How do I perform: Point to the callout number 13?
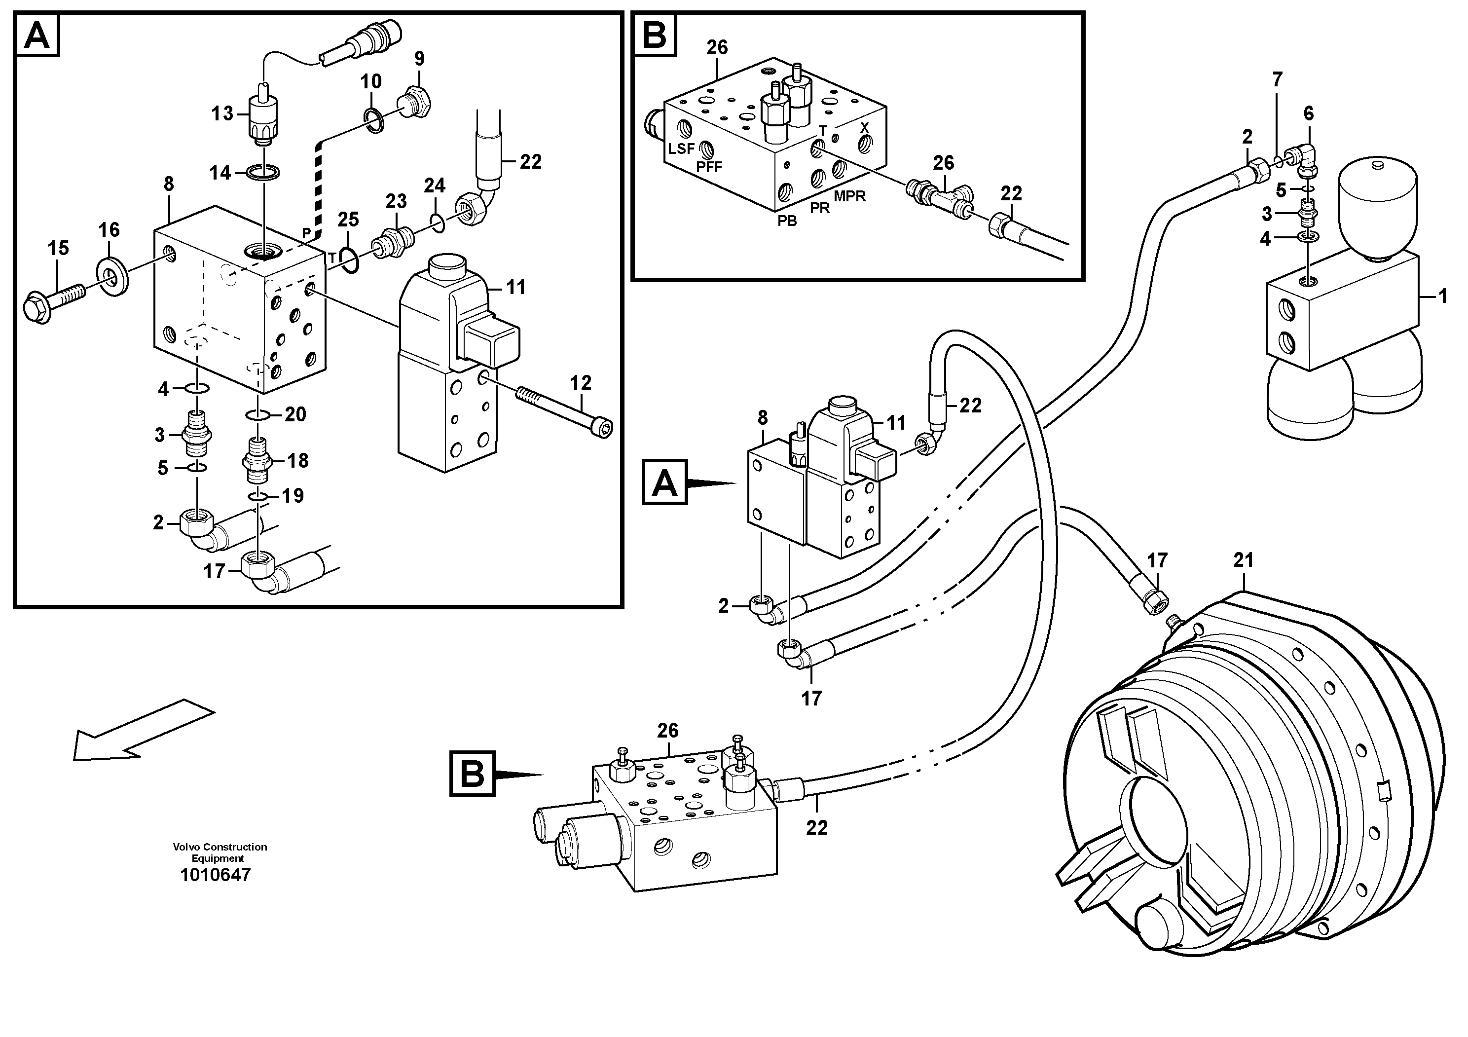click(222, 114)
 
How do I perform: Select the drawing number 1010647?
click(216, 875)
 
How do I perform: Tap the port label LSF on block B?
click(681, 149)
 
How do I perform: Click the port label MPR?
click(850, 196)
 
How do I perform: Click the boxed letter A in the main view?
click(664, 482)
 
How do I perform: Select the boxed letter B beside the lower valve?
click(472, 774)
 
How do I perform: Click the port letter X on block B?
click(864, 127)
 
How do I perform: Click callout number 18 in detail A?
click(298, 460)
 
